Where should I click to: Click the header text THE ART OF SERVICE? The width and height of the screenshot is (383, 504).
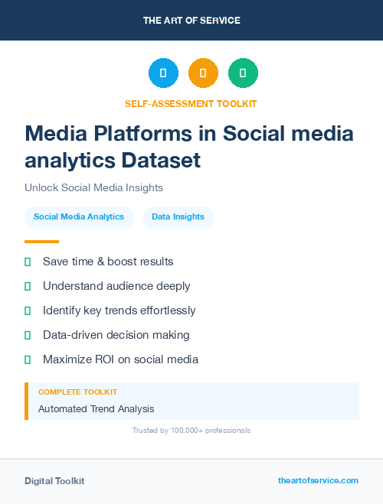[x=191, y=20]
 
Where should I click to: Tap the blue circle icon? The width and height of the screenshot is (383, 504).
[x=163, y=73]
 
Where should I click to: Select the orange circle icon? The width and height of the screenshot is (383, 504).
[x=203, y=73]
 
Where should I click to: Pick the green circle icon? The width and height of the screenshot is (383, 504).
[x=243, y=73]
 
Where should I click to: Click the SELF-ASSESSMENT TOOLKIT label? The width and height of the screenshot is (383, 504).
[x=191, y=103]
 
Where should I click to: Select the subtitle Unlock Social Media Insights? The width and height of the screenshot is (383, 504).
[x=93, y=187]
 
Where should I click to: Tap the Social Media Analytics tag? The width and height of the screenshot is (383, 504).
[x=79, y=217]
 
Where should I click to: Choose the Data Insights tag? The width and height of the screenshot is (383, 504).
[x=178, y=217]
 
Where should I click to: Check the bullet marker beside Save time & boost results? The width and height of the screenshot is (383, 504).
[x=28, y=262]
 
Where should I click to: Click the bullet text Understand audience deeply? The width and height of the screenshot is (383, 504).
[x=116, y=286]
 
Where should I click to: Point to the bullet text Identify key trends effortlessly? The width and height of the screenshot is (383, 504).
[x=119, y=311]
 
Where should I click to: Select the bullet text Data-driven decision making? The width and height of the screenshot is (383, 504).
[x=116, y=335]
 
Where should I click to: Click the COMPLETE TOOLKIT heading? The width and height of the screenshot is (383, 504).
[x=73, y=392]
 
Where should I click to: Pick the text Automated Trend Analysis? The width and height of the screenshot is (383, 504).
[x=96, y=409]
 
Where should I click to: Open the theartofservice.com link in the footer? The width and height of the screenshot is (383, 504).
[x=318, y=480]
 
